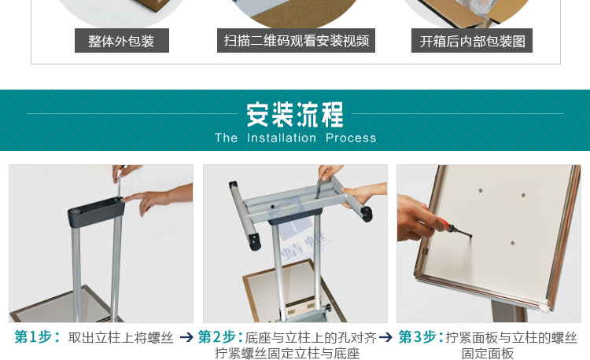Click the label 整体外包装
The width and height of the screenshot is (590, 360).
[122, 41]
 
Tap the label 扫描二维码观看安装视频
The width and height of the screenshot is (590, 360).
[296, 41]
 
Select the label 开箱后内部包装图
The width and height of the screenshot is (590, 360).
[472, 41]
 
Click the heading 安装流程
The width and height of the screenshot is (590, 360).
[295, 115]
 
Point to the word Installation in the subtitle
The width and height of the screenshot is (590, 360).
[281, 138]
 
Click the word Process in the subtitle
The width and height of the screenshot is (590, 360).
[351, 138]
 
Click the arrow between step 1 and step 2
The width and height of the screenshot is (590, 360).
[186, 337]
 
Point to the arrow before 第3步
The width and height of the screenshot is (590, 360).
[386, 337]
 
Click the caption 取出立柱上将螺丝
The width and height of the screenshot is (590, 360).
[121, 337]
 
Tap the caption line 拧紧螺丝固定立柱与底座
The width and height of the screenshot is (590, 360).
[287, 354]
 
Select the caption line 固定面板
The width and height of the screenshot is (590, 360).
[488, 354]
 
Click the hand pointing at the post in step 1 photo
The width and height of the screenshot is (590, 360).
[161, 194]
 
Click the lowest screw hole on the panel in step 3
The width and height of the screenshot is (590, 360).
[512, 244]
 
